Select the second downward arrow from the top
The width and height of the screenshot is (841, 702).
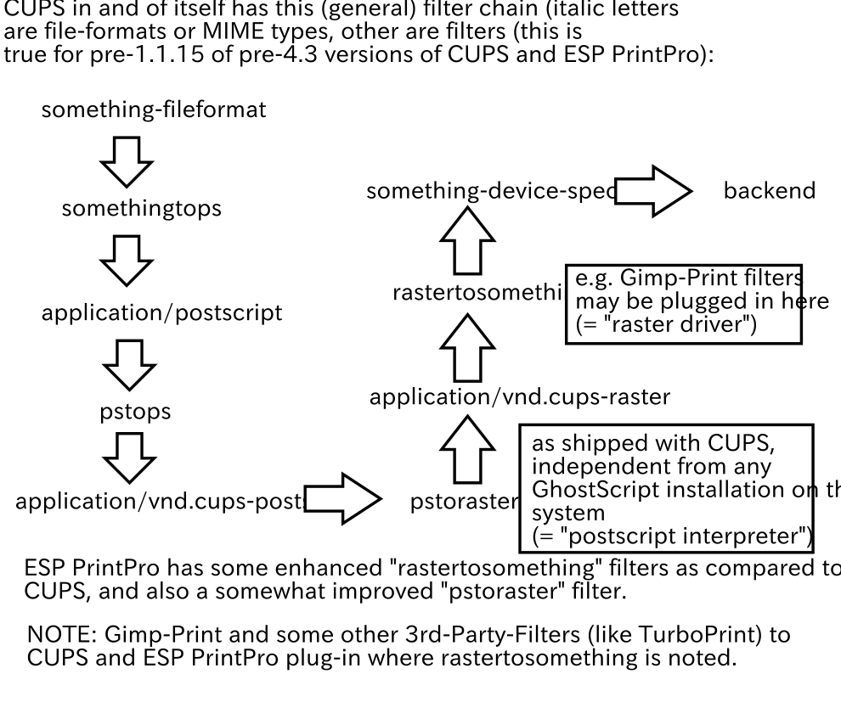click(x=127, y=260)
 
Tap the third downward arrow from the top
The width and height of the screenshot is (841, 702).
click(x=129, y=365)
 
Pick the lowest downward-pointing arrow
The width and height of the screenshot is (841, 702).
click(x=129, y=458)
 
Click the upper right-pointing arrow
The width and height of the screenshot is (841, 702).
click(x=652, y=191)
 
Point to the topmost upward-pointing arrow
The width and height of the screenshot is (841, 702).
click(x=467, y=241)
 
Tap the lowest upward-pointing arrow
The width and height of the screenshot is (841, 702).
click(x=467, y=450)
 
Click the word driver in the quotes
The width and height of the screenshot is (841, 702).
click(x=714, y=325)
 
